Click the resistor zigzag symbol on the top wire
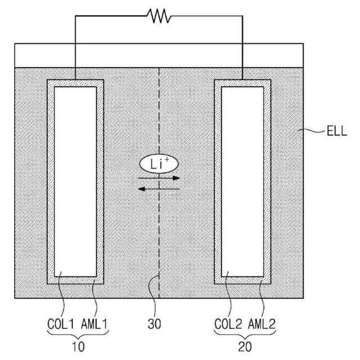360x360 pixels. click(x=159, y=16)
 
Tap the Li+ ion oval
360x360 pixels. click(x=159, y=164)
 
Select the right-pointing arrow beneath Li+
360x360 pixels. click(x=159, y=178)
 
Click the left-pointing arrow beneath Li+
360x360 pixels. click(x=159, y=189)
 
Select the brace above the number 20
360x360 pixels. click(x=245, y=336)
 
